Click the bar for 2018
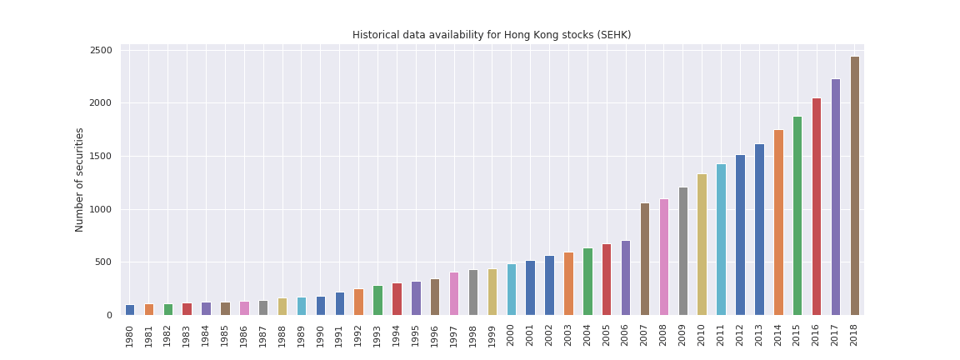coord(854,186)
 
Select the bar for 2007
coord(645,259)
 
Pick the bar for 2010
coord(702,244)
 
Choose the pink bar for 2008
coord(664,257)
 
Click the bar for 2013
coord(759,229)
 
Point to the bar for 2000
coord(512,289)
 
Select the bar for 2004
coord(587,282)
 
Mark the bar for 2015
coord(797,216)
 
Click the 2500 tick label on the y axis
coord(101,51)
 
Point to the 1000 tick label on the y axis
coord(101,210)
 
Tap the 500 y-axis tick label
coord(103,262)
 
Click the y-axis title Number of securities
coord(80,179)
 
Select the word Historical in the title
coord(376,35)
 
